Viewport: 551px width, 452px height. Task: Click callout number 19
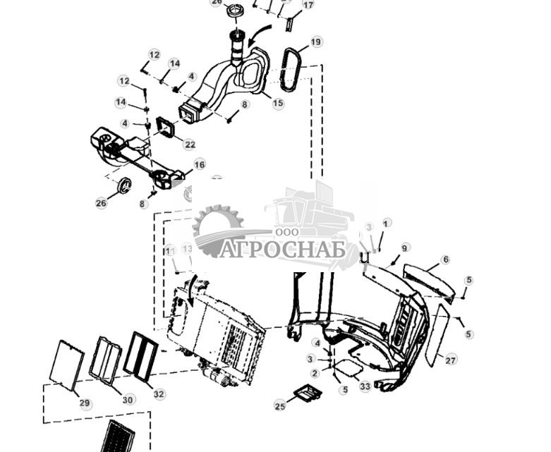tap(316, 42)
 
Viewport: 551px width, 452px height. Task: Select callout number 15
tap(278, 104)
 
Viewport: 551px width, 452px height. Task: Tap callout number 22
tap(190, 145)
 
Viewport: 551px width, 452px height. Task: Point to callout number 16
tap(200, 164)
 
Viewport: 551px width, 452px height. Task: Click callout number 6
tap(444, 259)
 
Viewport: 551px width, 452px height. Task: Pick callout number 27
tap(451, 360)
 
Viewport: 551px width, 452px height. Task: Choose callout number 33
tap(365, 386)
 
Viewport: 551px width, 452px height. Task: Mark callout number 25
tap(280, 405)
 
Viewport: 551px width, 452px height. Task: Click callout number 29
tap(85, 403)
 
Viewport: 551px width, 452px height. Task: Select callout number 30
tap(127, 400)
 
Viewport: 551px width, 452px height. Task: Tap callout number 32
tap(159, 394)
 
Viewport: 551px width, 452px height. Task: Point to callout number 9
tap(405, 248)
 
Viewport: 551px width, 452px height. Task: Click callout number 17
tap(308, 5)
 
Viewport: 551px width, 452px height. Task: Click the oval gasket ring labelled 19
tap(289, 69)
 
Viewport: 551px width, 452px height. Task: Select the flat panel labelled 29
tap(68, 365)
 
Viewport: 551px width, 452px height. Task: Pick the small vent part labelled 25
tap(307, 393)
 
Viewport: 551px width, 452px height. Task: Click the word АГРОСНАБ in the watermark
tap(282, 250)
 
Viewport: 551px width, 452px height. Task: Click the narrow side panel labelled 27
tap(437, 335)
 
